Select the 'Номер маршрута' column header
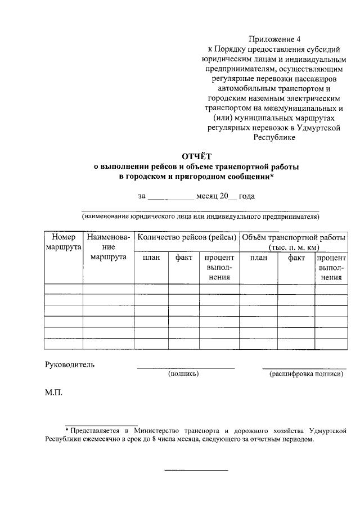click(64, 242)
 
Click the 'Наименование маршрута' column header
click(109, 247)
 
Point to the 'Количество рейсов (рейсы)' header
click(186, 237)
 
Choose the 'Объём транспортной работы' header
click(294, 242)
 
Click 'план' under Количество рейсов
click(151, 258)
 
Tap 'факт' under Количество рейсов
click(184, 258)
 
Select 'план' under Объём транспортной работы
click(259, 258)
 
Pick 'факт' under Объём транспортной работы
click(296, 258)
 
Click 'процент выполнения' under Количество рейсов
click(218, 267)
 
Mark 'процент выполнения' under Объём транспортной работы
click(331, 267)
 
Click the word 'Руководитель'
click(70, 364)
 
